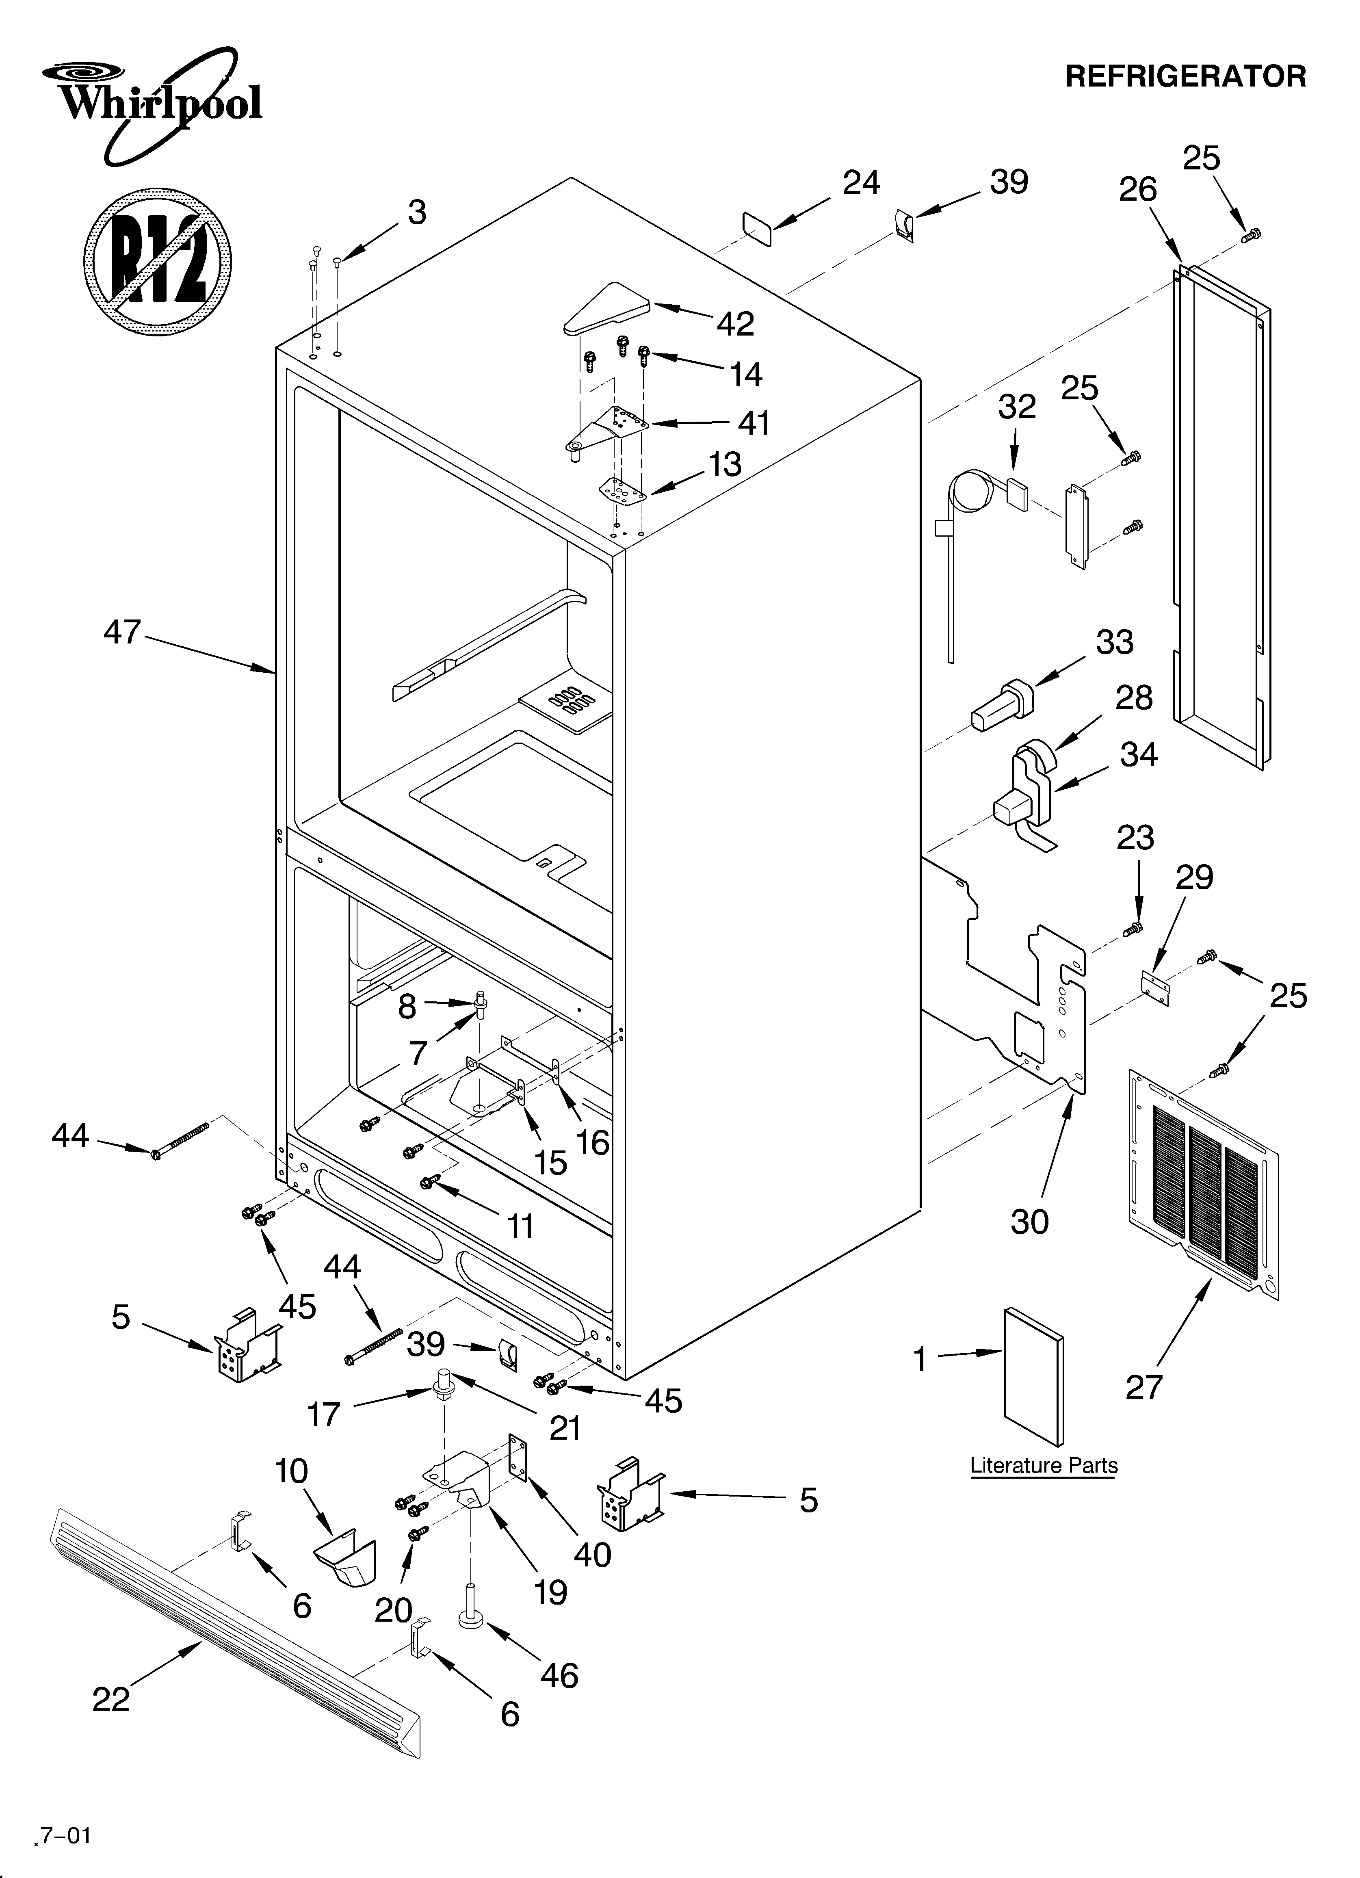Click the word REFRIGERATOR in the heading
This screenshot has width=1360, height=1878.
tap(1185, 76)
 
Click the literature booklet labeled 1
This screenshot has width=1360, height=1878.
tap(1034, 1379)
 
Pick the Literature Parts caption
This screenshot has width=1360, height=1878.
tap(1044, 1466)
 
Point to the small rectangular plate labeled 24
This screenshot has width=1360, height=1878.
tap(756, 227)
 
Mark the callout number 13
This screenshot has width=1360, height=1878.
tap(725, 465)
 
